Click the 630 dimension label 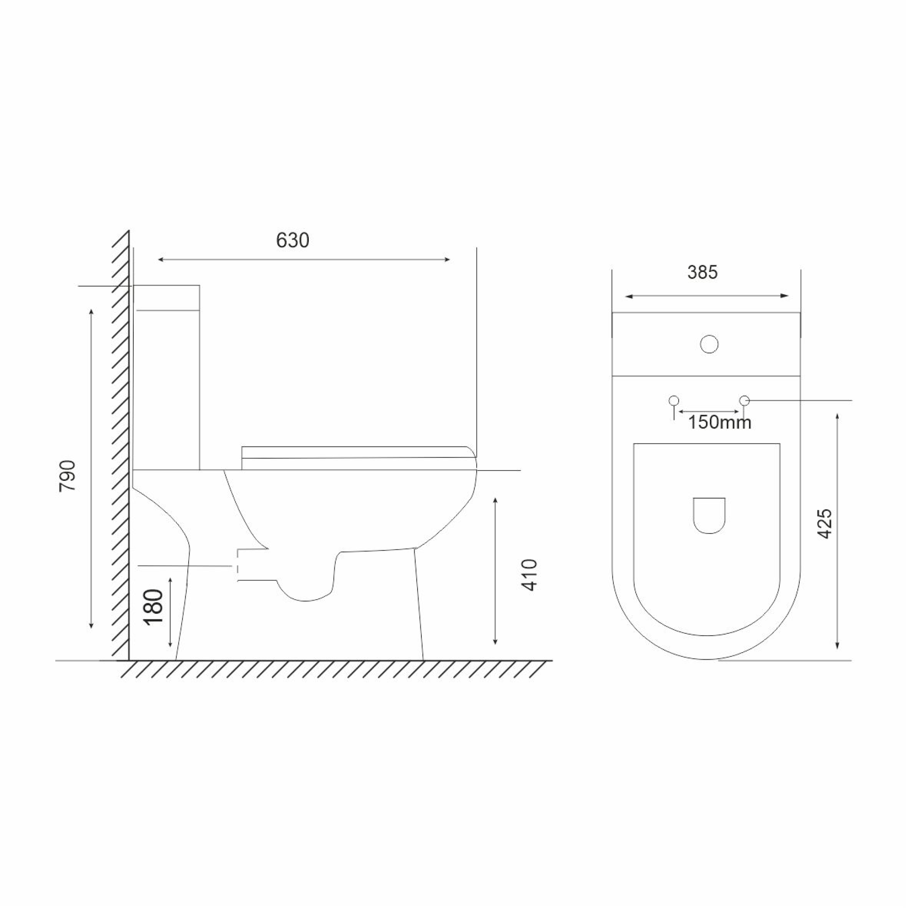(x=293, y=241)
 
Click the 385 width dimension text (x=702, y=272)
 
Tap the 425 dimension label (x=824, y=524)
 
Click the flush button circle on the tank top (x=709, y=344)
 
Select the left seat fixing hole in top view (x=674, y=401)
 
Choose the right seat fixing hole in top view (x=744, y=401)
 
